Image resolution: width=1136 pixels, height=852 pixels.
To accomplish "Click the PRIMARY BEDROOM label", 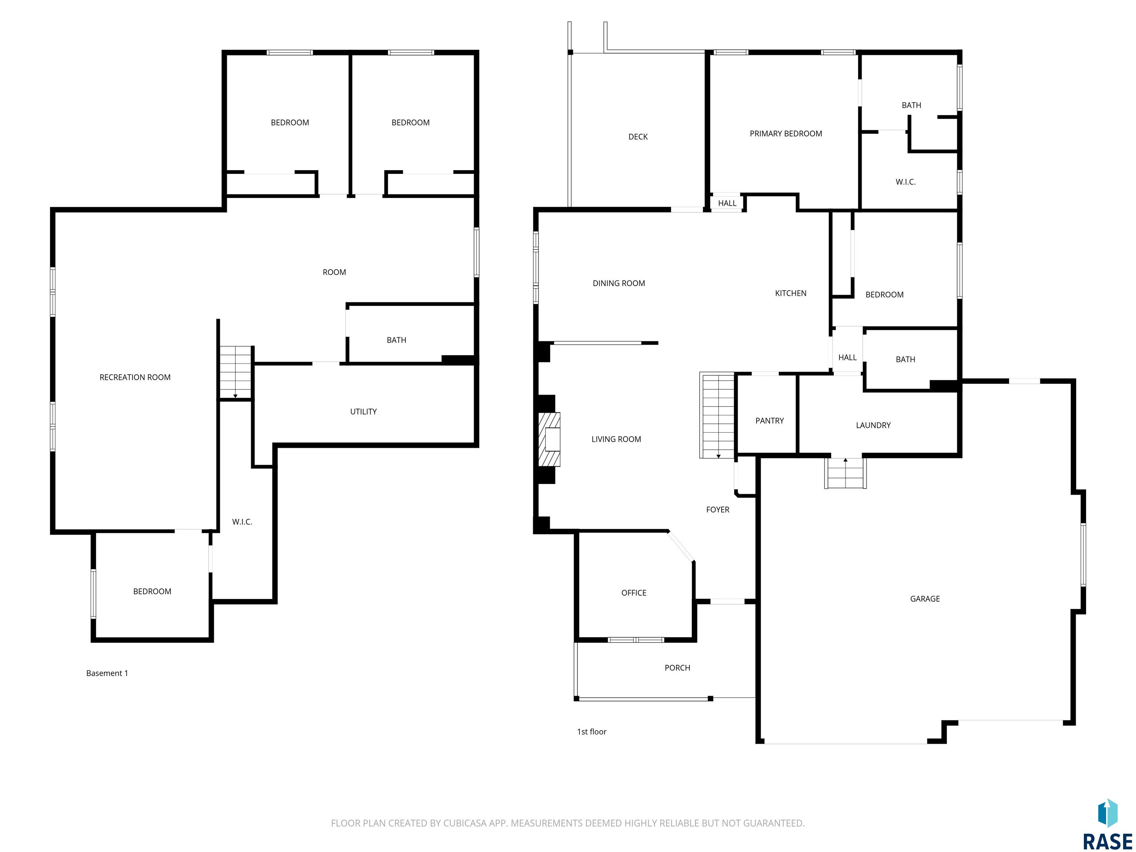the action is (x=786, y=133).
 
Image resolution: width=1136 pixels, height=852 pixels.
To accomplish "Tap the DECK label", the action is (x=638, y=136).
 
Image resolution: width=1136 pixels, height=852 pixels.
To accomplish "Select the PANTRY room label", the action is (x=769, y=420).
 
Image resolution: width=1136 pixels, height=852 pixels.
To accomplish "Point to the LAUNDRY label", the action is (x=873, y=425).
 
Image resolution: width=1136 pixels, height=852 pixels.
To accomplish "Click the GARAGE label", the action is (x=925, y=599).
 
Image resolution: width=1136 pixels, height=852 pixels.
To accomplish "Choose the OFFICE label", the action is (x=634, y=593).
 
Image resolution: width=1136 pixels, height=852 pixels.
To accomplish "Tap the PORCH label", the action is (x=677, y=667).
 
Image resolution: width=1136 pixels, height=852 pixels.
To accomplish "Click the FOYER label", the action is (x=717, y=510).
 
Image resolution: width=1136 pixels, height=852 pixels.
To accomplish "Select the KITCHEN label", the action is (x=790, y=293).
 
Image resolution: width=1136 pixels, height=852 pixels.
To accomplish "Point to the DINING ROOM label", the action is (x=619, y=283).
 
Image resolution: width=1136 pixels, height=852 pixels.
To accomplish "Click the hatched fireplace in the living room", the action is (x=549, y=439).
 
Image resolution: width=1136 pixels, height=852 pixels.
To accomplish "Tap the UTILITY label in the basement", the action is (x=363, y=411).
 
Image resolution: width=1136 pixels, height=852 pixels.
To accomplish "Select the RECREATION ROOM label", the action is (x=135, y=377).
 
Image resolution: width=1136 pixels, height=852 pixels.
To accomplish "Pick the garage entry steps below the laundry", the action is (x=845, y=473).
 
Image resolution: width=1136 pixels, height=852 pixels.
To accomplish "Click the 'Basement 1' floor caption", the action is (x=107, y=673).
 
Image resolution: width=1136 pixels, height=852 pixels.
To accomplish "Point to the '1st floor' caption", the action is (x=592, y=732).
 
